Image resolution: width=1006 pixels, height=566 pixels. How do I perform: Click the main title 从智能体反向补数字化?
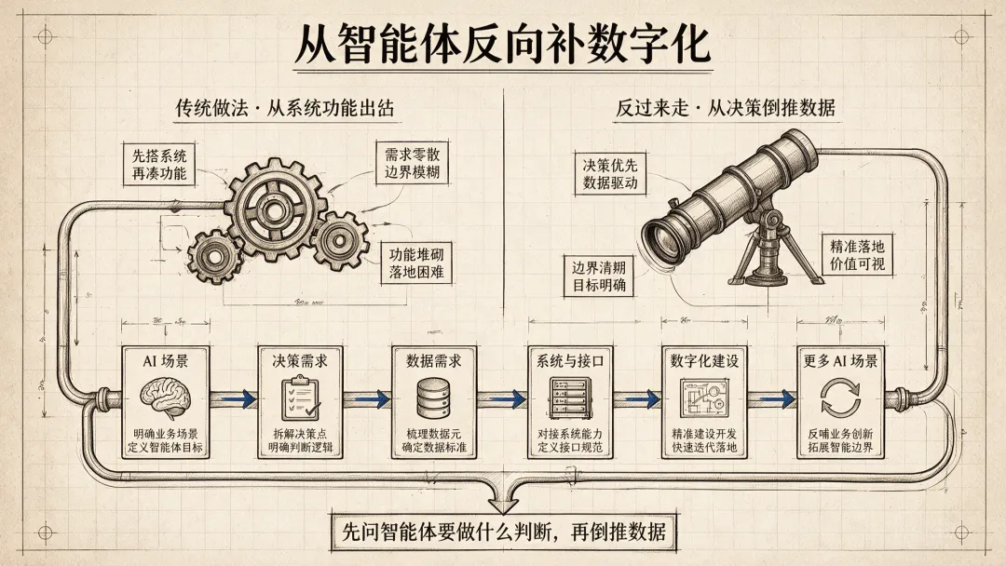[x=502, y=45]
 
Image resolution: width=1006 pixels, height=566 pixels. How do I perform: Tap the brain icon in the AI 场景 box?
[x=166, y=397]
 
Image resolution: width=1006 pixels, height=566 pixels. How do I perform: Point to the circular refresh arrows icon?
[x=840, y=398]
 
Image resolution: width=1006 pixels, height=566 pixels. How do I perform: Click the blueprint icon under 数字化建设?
[x=704, y=398]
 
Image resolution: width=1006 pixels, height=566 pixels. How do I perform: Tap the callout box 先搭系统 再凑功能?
[x=160, y=165]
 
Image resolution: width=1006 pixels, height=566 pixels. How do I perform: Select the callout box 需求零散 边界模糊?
[x=413, y=163]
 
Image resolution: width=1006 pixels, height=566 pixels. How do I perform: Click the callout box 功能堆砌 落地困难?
[x=416, y=263]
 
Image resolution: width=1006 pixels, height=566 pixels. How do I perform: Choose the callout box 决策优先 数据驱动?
[x=610, y=174]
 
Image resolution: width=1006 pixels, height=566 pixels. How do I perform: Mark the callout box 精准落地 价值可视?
[x=857, y=254]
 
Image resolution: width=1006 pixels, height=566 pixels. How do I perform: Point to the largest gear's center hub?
[x=274, y=209]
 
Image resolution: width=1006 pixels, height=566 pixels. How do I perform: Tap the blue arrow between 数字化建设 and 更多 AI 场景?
[x=775, y=398]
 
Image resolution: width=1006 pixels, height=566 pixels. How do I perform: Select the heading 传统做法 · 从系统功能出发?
[x=285, y=108]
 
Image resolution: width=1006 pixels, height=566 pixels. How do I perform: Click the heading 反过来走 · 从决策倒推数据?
[x=726, y=108]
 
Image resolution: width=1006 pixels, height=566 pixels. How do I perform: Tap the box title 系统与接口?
[x=570, y=361]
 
